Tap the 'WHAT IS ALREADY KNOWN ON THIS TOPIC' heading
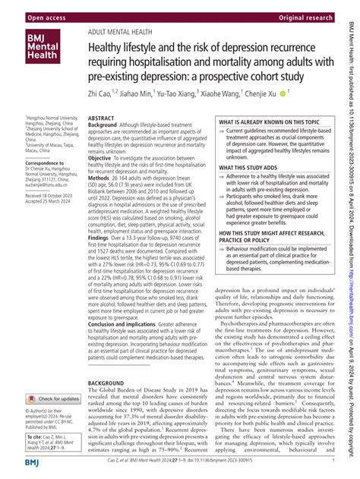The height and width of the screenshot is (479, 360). click(275, 122)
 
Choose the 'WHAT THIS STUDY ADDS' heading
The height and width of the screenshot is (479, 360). click(251, 168)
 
